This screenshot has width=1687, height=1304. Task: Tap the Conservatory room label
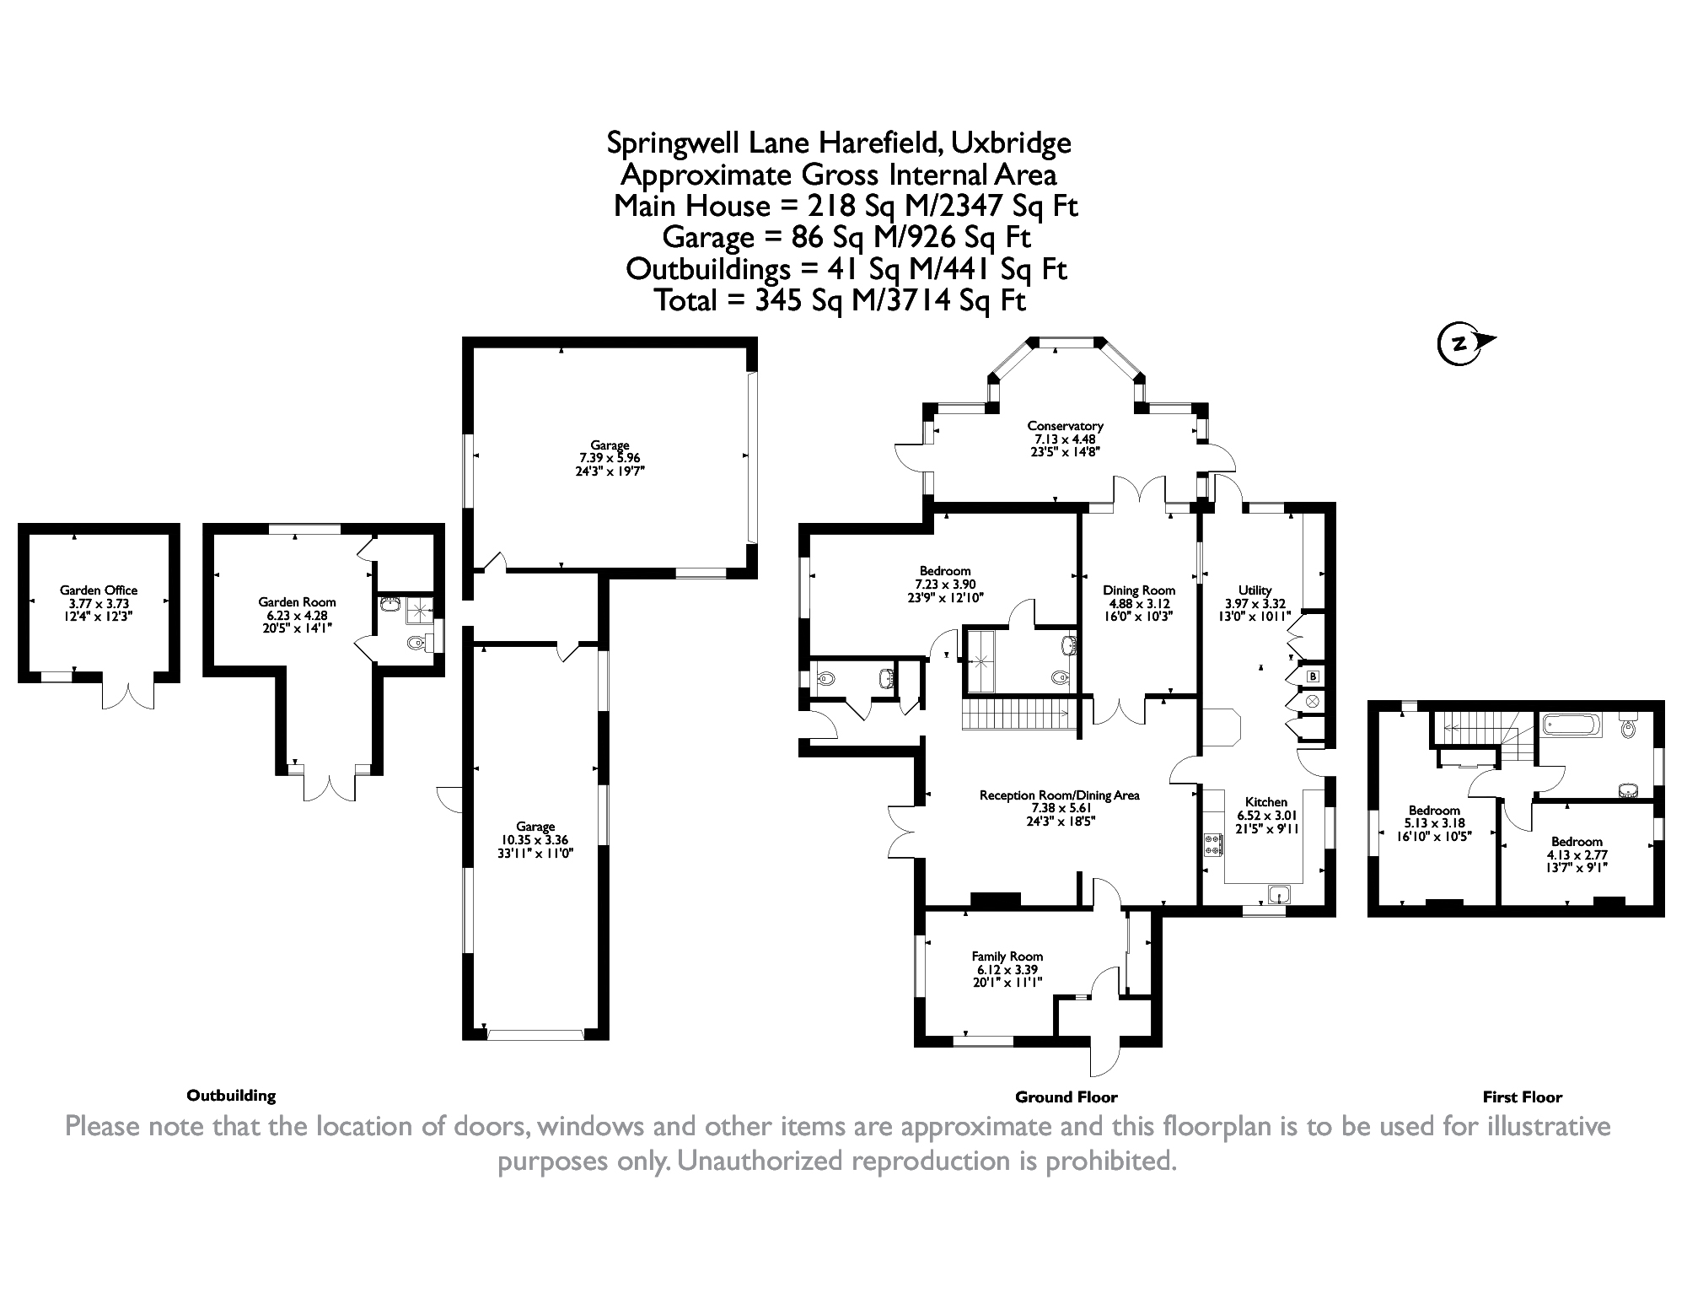[x=1065, y=426]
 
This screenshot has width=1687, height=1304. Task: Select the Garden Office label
[x=99, y=590]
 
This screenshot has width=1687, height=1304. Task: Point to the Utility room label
[x=1255, y=590]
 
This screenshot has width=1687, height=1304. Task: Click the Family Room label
[x=1007, y=956]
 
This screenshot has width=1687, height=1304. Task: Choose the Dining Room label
[x=1139, y=590]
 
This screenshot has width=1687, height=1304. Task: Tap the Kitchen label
[x=1266, y=802]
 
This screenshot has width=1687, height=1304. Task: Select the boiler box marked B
[x=1312, y=676]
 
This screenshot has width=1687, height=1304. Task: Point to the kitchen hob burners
[x=1214, y=844]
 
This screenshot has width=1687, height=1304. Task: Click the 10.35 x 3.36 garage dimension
[x=535, y=839]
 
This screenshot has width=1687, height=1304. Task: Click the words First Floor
[x=1523, y=1097]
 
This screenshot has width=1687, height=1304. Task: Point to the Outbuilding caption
[x=231, y=1096]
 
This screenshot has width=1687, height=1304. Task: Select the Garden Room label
[x=297, y=602]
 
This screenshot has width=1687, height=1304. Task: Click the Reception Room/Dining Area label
[x=1059, y=795]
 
